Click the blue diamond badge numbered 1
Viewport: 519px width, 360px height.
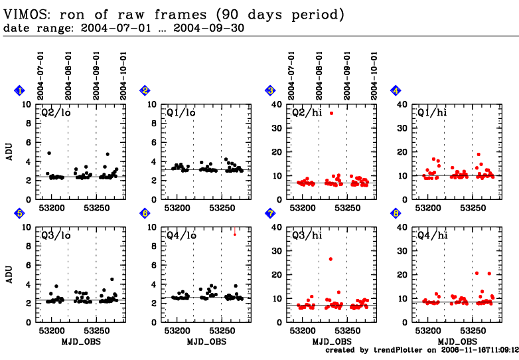[x=20, y=90]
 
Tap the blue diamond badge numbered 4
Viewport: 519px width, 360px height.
[x=396, y=90]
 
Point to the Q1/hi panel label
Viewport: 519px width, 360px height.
[x=431, y=112]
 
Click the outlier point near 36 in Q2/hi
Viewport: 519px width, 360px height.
[x=331, y=114]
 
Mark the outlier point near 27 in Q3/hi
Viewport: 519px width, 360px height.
[x=331, y=258]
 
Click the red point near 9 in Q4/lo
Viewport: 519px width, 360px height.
[x=234, y=234]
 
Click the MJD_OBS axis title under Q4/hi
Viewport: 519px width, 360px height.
[x=457, y=341]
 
